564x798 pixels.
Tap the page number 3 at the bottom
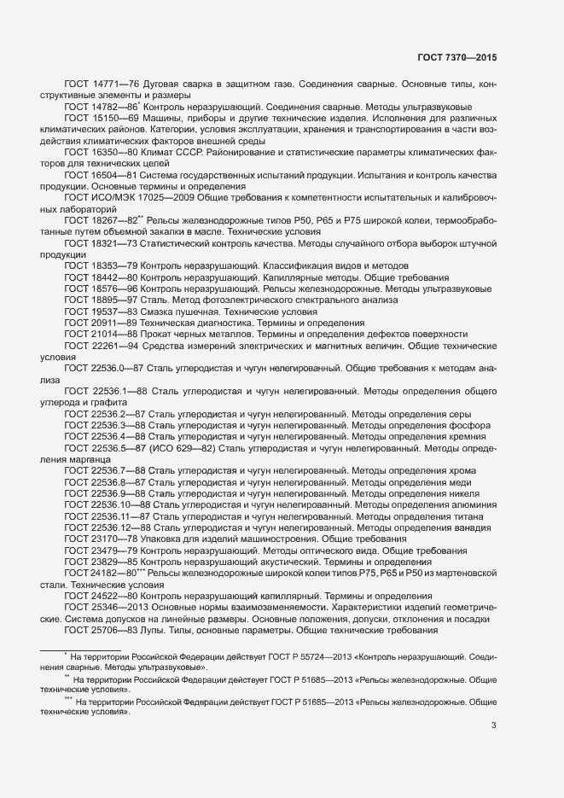coord(493,725)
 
